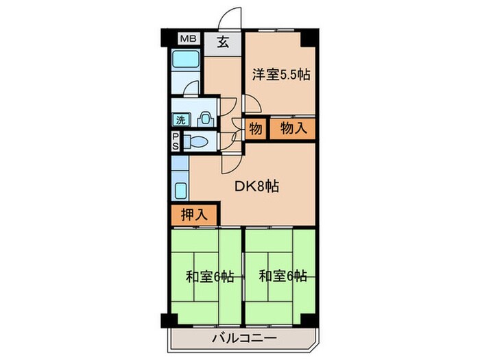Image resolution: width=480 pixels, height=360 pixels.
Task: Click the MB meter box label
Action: point(187,40)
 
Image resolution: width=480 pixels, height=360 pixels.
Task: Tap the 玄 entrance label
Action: point(223,42)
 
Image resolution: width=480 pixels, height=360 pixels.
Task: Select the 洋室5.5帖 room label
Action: point(280,74)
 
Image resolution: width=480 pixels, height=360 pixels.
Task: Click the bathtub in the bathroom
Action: point(184,62)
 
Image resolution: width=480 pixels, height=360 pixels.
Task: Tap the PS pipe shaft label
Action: point(176,142)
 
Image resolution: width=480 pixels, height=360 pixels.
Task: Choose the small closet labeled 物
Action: point(254,129)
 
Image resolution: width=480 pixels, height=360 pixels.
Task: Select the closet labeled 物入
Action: point(291,129)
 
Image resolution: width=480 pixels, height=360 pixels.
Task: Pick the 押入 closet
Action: point(194,214)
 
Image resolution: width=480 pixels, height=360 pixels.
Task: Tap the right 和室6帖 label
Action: point(282,277)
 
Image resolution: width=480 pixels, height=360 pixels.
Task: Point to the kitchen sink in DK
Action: point(181,190)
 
